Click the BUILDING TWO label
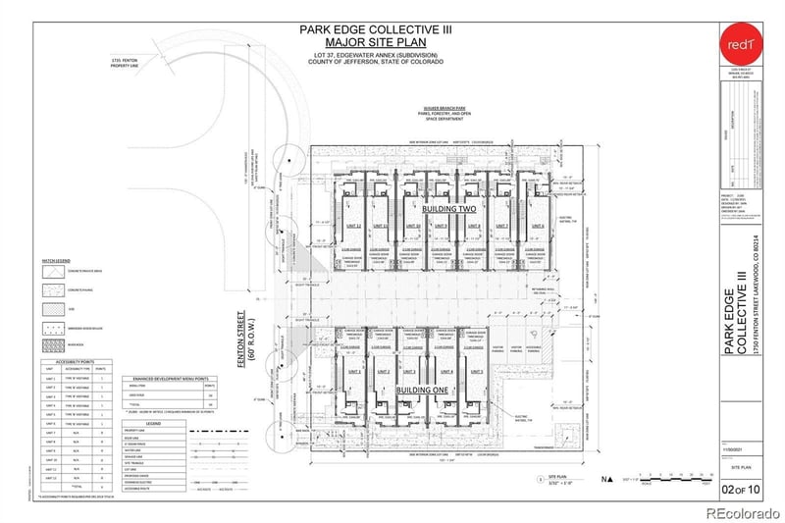click(448, 210)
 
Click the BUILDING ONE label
click(423, 389)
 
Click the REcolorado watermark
click(737, 510)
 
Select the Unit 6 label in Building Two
click(537, 227)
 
